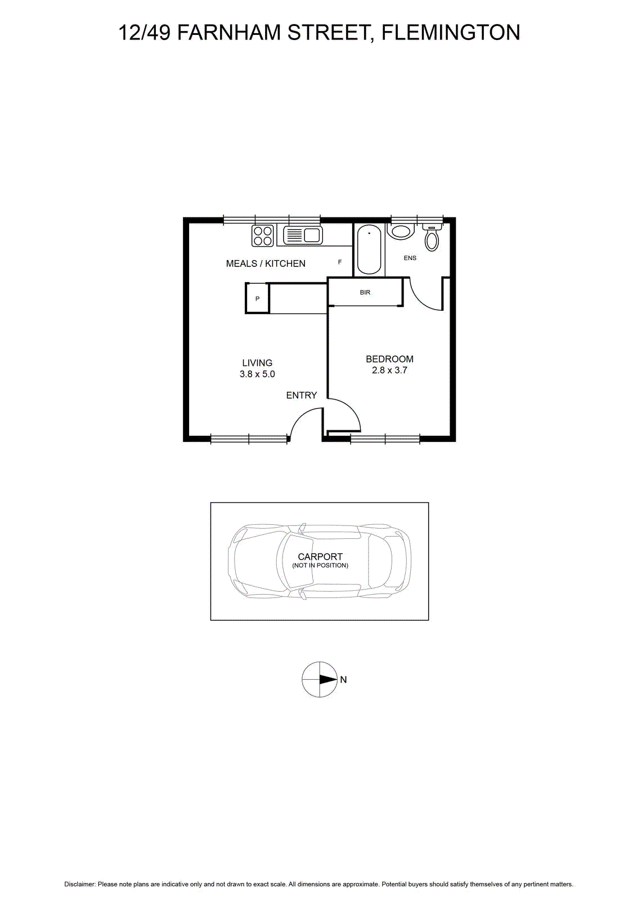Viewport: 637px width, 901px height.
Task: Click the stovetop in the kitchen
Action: click(262, 235)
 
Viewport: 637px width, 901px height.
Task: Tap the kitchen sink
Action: click(303, 235)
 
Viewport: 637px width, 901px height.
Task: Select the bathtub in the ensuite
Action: click(369, 249)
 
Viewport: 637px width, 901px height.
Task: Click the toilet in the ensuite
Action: click(432, 238)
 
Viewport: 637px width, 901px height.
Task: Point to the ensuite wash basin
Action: click(401, 231)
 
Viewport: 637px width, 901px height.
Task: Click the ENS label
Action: click(410, 258)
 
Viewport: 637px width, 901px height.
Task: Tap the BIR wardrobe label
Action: click(365, 292)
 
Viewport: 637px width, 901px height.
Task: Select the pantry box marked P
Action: click(257, 298)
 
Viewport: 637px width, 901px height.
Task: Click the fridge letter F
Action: click(340, 262)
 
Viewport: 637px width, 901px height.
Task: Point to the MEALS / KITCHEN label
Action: click(266, 264)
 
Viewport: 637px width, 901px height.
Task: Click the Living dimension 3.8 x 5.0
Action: click(257, 374)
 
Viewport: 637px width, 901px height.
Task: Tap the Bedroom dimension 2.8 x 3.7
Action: click(389, 371)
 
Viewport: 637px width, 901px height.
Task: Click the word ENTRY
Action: click(302, 395)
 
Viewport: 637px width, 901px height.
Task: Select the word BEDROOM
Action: click(389, 359)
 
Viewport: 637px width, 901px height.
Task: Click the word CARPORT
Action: click(320, 556)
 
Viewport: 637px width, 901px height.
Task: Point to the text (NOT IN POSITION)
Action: click(320, 565)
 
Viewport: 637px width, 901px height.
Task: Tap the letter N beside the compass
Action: click(343, 680)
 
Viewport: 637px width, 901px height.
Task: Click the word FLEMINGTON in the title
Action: click(451, 33)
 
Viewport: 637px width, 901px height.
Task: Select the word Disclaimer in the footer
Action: click(79, 884)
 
